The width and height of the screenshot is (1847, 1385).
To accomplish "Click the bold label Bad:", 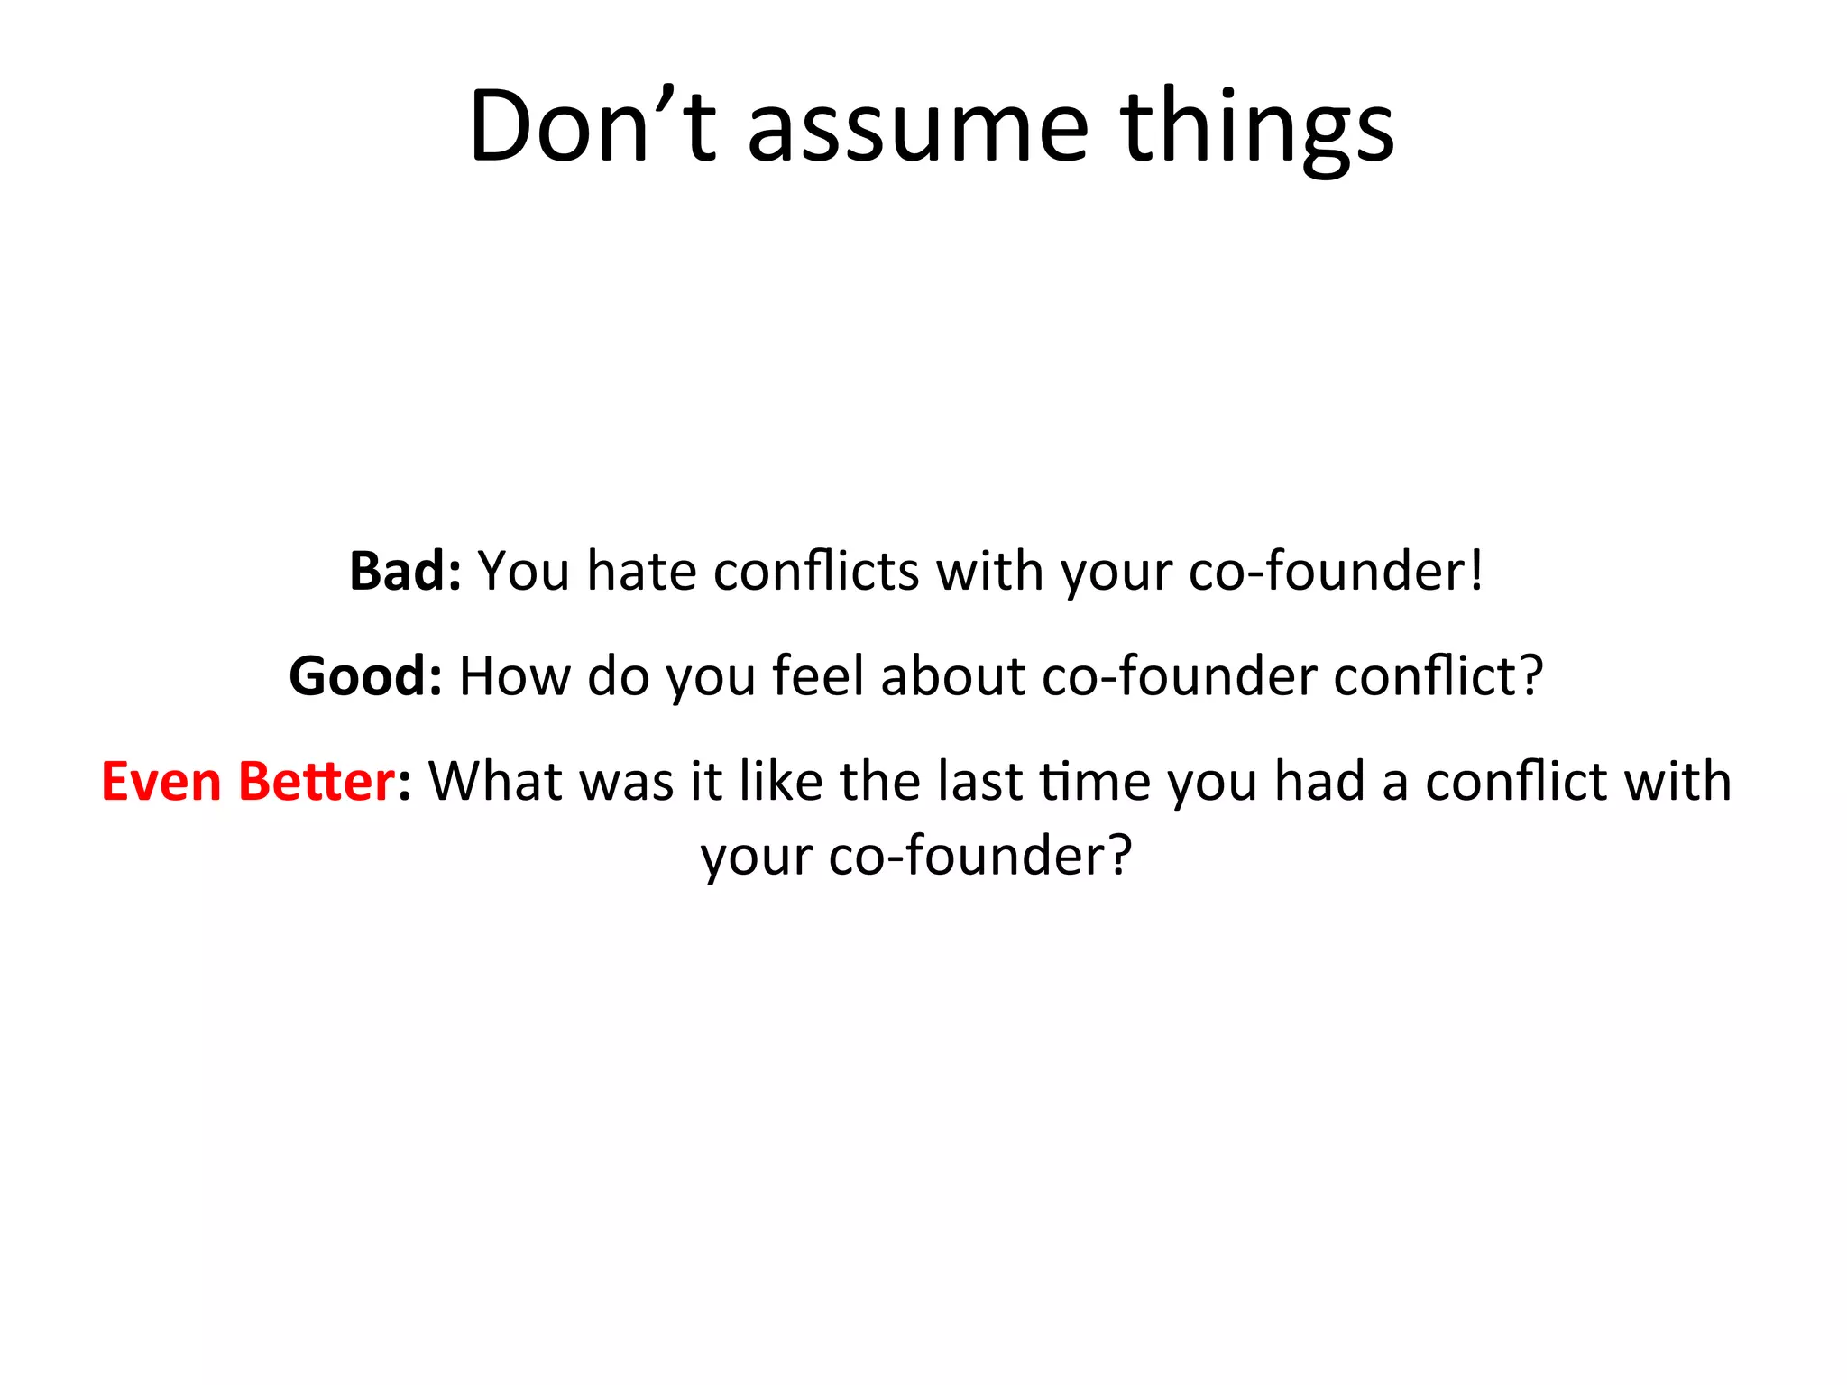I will click(x=405, y=572).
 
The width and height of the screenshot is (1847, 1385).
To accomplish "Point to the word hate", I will click(x=641, y=572).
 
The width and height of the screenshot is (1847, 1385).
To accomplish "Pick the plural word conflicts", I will click(x=815, y=572).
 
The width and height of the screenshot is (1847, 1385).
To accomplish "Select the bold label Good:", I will click(x=365, y=676).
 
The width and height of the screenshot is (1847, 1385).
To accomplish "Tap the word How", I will click(x=514, y=676).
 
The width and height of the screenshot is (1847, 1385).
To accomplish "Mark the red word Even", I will click(x=161, y=782).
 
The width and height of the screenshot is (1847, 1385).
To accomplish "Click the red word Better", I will click(x=317, y=782).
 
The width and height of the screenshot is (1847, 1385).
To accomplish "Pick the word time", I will click(x=1096, y=782).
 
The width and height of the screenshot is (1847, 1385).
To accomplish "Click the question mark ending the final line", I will click(x=1119, y=856).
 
